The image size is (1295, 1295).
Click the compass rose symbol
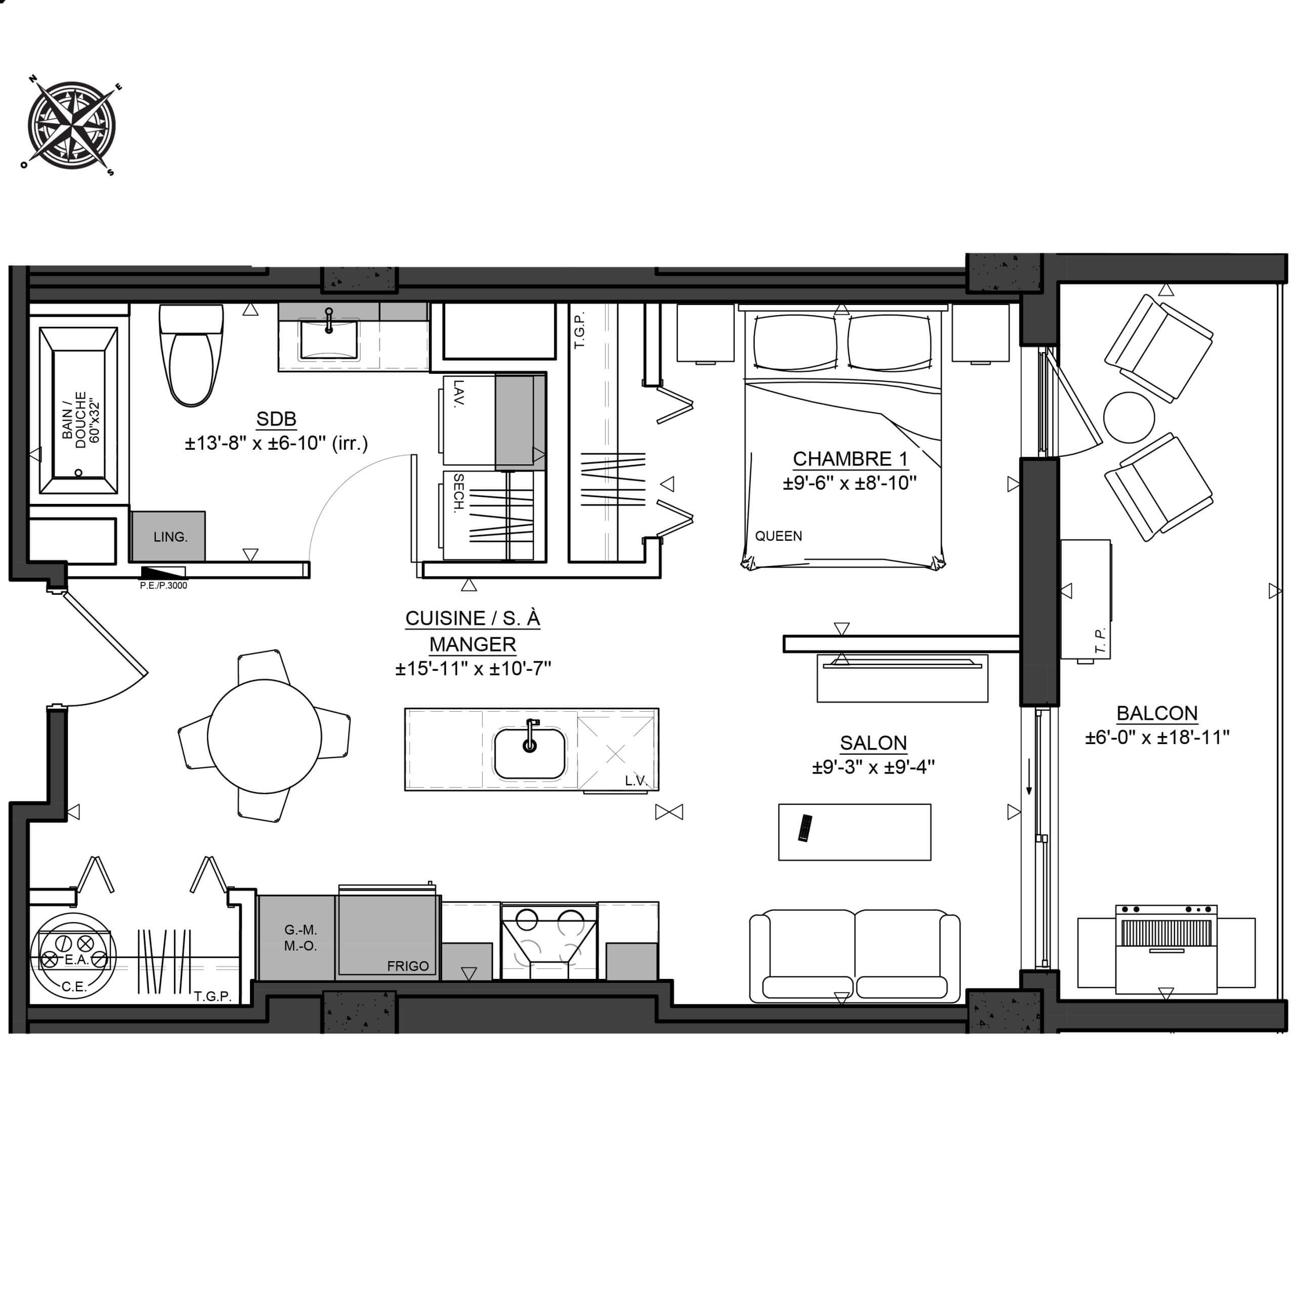71,125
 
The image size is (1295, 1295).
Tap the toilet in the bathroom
191,355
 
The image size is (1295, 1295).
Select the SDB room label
276,419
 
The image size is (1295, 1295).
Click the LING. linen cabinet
168,536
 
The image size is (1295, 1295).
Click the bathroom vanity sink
328,340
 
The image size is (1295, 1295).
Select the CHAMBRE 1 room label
850,459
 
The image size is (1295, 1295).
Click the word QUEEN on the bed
778,536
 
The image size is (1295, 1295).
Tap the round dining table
264,736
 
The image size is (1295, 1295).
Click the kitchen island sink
530,753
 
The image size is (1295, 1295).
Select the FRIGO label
408,966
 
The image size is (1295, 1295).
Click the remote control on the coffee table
805,828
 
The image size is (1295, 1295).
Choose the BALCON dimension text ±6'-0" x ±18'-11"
1157,738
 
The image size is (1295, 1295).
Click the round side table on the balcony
1129,418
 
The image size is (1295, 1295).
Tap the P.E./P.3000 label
163,585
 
